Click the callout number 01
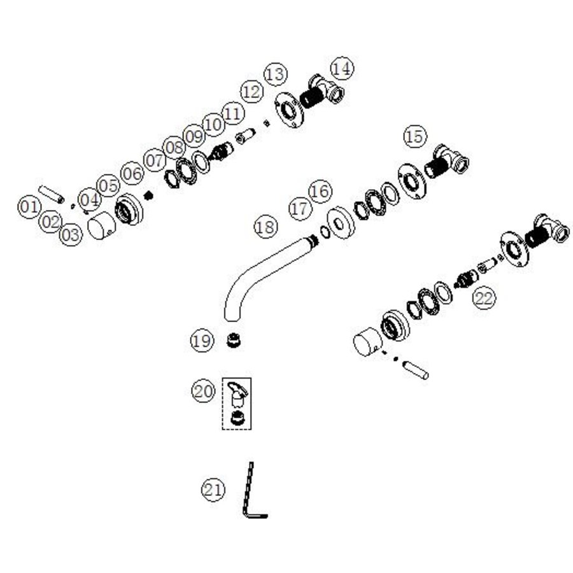click(x=29, y=207)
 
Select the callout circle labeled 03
click(x=71, y=234)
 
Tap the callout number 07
click(x=155, y=160)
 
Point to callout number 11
click(x=232, y=114)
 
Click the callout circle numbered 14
click(x=342, y=68)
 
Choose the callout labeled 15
click(x=415, y=136)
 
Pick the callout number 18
click(x=265, y=227)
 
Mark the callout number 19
click(x=202, y=341)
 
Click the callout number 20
click(x=203, y=391)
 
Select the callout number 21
click(x=213, y=490)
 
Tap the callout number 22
click(x=485, y=298)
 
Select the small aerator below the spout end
click(x=234, y=340)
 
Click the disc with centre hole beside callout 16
click(x=341, y=223)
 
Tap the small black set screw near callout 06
click(x=148, y=195)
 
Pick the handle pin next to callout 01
click(x=51, y=194)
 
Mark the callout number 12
click(x=251, y=91)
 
